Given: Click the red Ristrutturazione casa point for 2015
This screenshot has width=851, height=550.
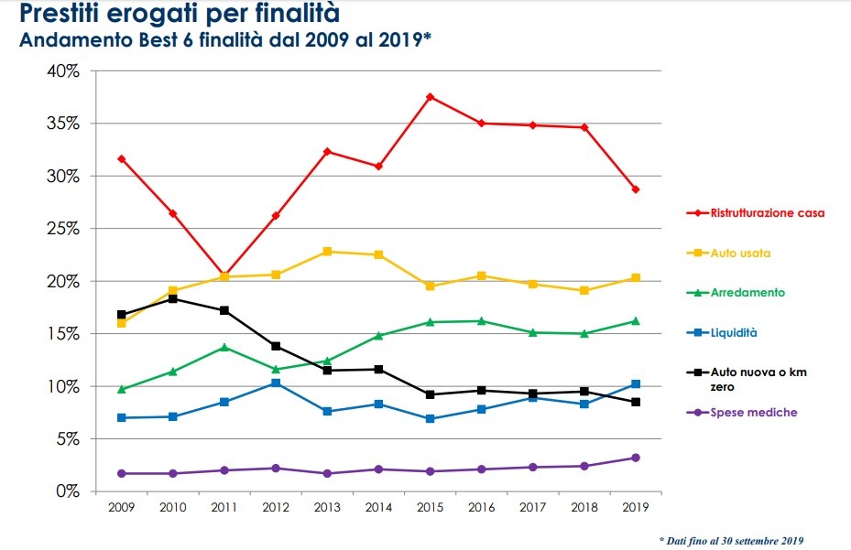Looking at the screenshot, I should [430, 97].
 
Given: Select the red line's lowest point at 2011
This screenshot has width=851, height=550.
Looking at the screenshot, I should [224, 275].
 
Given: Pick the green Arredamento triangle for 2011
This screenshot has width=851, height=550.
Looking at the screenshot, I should [224, 347].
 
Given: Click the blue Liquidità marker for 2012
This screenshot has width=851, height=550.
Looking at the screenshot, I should [275, 383].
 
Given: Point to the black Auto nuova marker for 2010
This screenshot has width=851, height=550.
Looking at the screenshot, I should [172, 298].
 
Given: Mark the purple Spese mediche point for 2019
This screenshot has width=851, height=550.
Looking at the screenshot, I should [635, 458].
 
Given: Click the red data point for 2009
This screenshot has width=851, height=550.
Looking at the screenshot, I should [121, 159].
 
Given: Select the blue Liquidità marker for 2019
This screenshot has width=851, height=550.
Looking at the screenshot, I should [635, 383].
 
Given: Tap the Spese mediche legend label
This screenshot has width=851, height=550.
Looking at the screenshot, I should [754, 413].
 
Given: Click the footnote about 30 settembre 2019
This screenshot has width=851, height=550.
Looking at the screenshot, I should [732, 541].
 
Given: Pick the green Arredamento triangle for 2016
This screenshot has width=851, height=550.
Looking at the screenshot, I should [481, 321].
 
